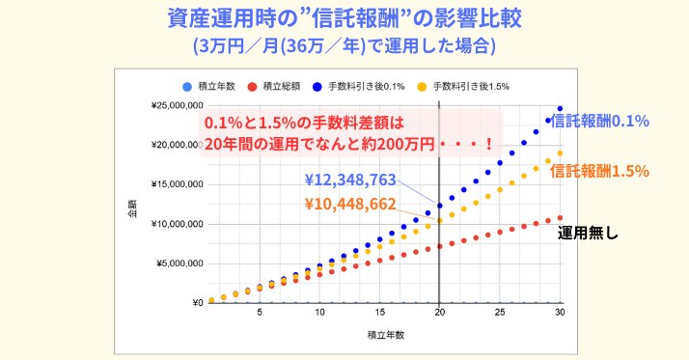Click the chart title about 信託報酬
344,18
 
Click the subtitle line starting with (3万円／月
344,44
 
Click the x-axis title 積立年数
385,335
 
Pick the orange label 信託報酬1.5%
598,171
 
